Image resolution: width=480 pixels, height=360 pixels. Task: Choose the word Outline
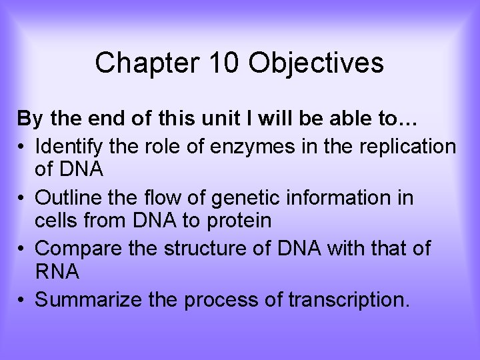[67, 198]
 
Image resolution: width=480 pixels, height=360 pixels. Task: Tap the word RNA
[57, 271]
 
